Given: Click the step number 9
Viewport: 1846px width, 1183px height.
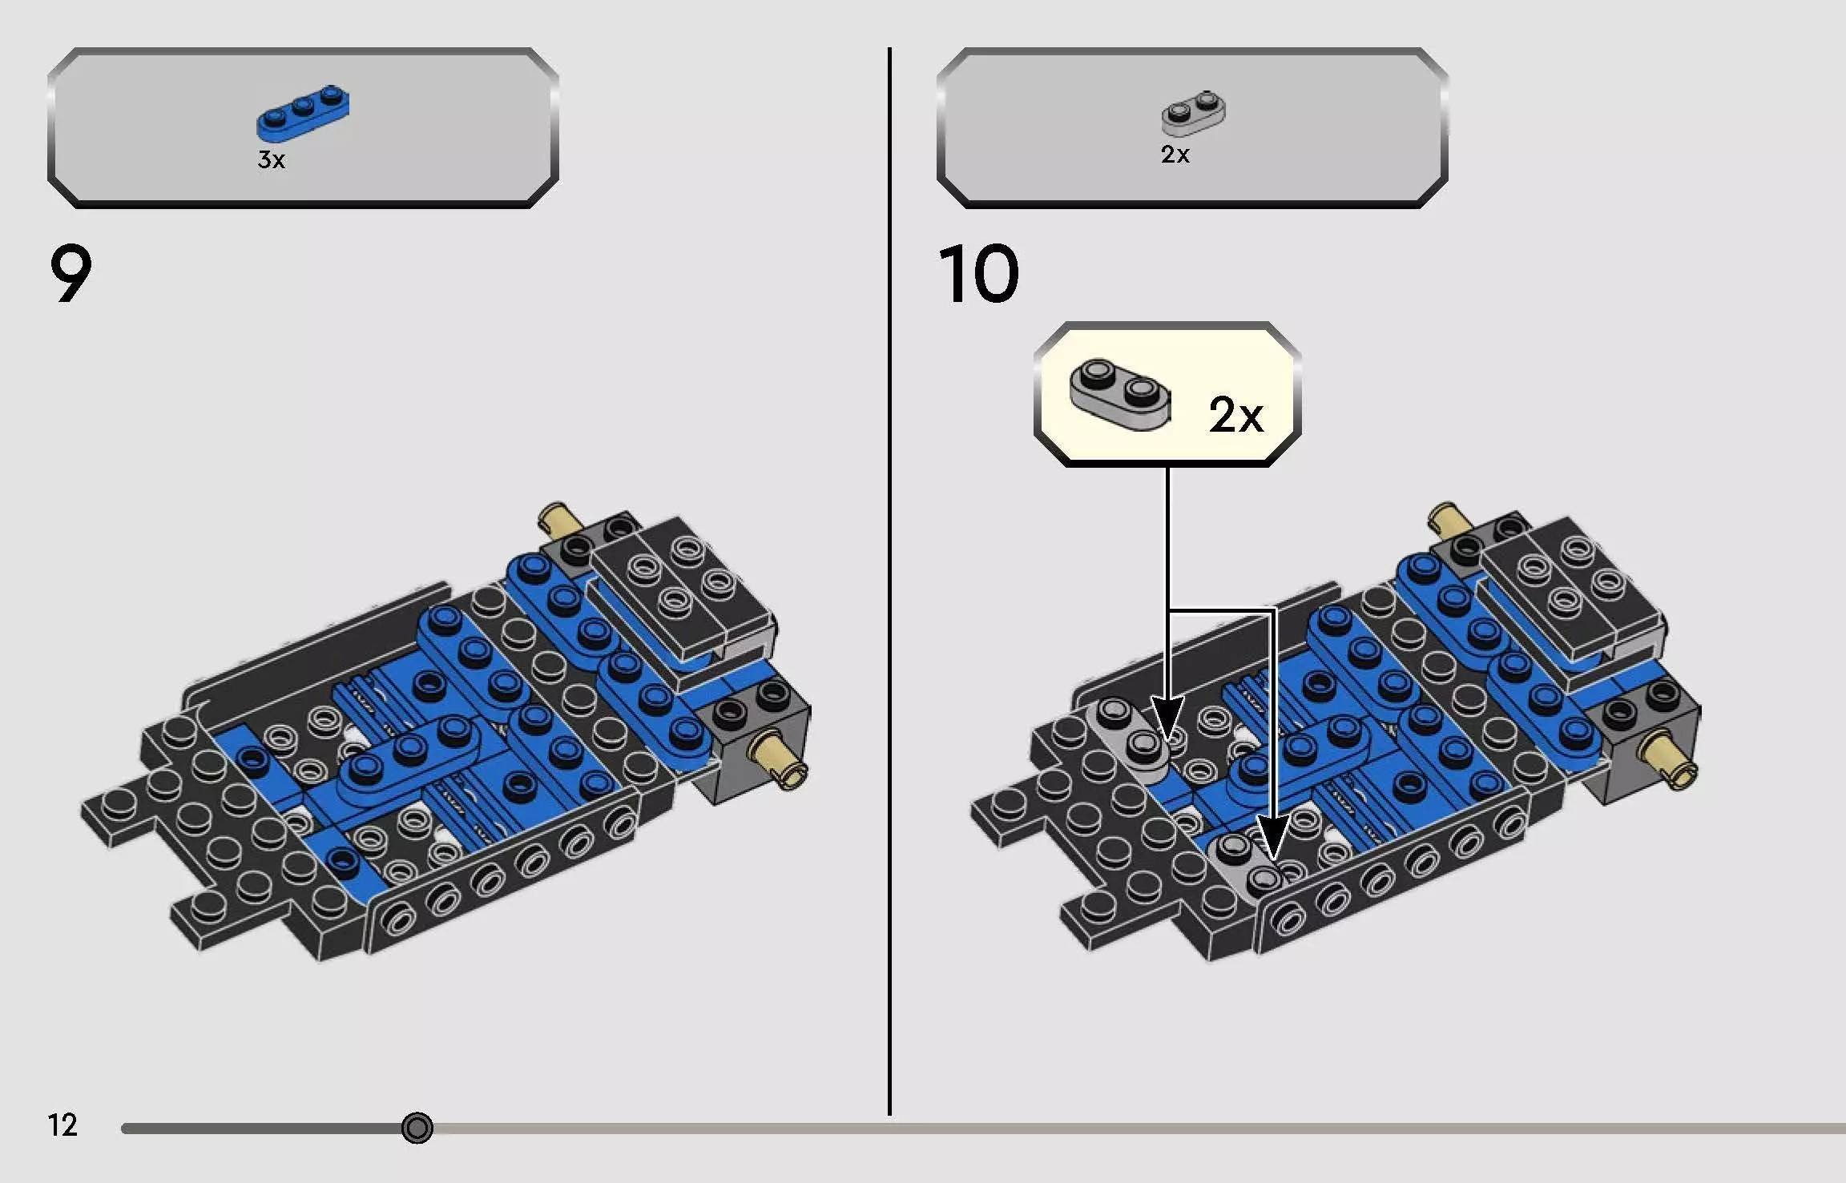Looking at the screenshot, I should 71,274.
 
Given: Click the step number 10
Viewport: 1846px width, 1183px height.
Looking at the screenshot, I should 978,274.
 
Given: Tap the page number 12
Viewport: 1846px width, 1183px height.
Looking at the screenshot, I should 62,1125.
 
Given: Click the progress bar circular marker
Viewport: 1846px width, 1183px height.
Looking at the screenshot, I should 417,1128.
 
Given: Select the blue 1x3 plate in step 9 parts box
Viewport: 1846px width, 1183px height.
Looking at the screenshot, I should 303,112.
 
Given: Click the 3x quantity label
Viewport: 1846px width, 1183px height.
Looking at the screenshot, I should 271,160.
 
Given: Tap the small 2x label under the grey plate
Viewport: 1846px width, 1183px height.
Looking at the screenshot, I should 1175,155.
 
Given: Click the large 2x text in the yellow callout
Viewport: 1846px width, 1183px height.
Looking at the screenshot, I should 1235,415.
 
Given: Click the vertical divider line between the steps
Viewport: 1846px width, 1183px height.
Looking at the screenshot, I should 889,577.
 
